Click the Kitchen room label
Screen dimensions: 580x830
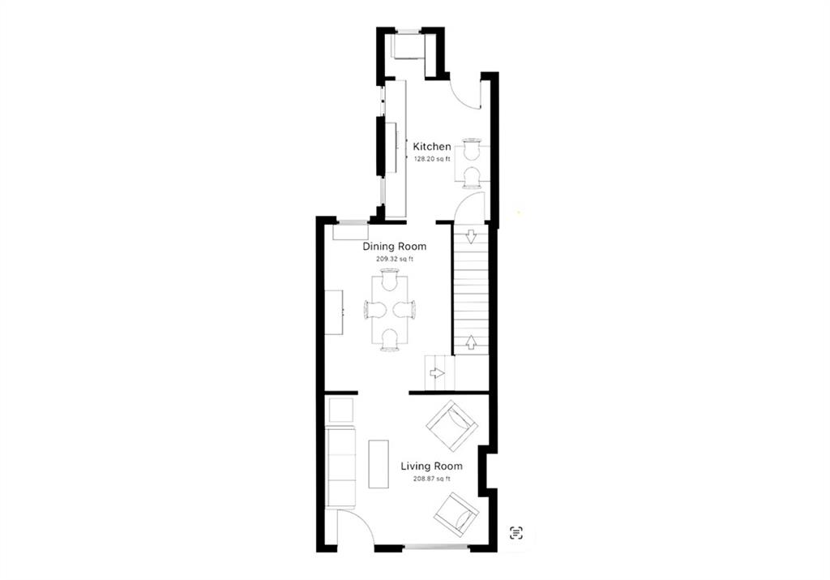pyautogui.click(x=432, y=146)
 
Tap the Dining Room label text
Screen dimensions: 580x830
pyautogui.click(x=394, y=247)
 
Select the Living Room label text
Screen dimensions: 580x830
pyautogui.click(x=431, y=466)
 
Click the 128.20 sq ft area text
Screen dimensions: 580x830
pyautogui.click(x=431, y=159)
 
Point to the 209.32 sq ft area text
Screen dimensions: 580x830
pyautogui.click(x=394, y=259)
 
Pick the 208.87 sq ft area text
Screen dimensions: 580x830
pyautogui.click(x=431, y=479)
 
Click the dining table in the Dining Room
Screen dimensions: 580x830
pyautogui.click(x=389, y=309)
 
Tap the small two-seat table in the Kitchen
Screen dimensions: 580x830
pyautogui.click(x=471, y=162)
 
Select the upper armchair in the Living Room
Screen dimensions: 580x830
pyautogui.click(x=451, y=425)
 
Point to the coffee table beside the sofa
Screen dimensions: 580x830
pyautogui.click(x=379, y=463)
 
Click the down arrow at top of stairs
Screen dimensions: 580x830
pyautogui.click(x=471, y=237)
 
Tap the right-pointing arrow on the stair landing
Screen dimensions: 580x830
pyautogui.click(x=437, y=373)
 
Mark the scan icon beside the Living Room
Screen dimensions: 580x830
pyautogui.click(x=516, y=532)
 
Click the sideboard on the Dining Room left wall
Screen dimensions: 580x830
pyautogui.click(x=335, y=311)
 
